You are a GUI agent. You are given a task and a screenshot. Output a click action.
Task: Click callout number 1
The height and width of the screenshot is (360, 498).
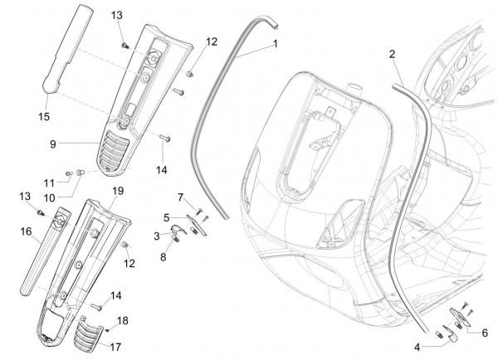(x=274, y=42)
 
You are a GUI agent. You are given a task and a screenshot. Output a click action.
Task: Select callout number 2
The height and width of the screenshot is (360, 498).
(x=392, y=54)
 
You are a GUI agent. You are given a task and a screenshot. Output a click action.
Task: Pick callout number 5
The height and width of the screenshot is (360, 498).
(x=167, y=217)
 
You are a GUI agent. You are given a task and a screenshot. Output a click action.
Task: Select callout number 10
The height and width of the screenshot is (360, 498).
(x=51, y=175)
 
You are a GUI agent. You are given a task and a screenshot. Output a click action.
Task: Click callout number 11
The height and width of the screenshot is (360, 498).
(x=49, y=160)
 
